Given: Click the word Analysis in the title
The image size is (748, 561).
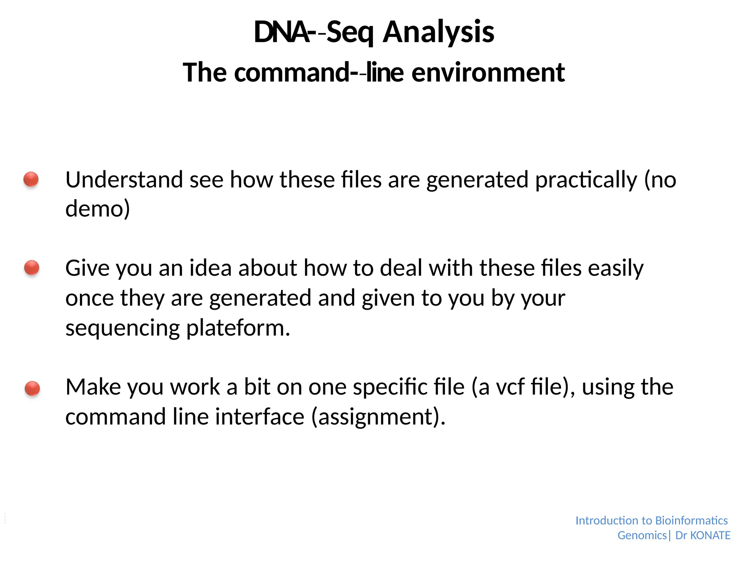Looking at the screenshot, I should click(x=438, y=32).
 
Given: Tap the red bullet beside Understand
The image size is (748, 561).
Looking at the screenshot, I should click(x=31, y=179).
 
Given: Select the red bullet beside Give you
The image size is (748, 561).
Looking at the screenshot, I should click(x=32, y=268).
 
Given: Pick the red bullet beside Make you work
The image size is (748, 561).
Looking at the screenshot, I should click(x=32, y=388).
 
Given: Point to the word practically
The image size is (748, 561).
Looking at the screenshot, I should click(x=586, y=180).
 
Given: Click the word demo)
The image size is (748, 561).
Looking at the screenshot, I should click(x=98, y=209).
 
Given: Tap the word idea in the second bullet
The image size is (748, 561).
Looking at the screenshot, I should click(x=210, y=268).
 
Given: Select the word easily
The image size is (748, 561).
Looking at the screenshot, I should click(x=616, y=268).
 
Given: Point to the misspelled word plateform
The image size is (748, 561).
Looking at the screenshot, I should click(x=238, y=328).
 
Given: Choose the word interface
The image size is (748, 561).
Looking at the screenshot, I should click(x=260, y=417).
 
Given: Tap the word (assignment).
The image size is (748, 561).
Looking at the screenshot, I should click(x=378, y=417).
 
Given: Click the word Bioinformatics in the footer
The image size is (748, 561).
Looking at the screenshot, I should click(x=691, y=520).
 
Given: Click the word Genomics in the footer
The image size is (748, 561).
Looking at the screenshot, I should click(x=642, y=535).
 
